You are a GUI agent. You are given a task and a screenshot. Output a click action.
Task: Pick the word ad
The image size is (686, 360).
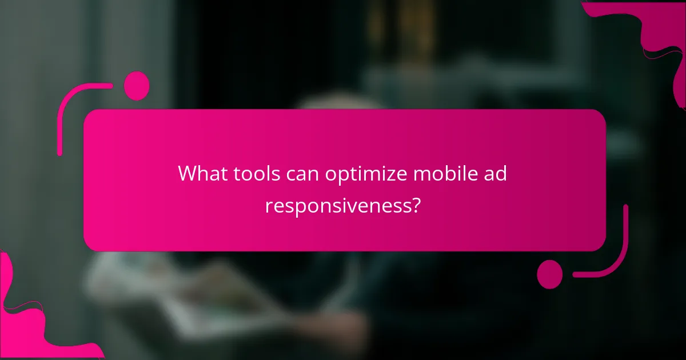(494, 174)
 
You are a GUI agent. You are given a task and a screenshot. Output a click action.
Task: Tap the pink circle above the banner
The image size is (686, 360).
(137, 86)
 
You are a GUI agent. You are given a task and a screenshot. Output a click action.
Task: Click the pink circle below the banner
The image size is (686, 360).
(550, 274)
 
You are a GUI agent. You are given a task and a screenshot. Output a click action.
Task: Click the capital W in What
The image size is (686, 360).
(188, 174)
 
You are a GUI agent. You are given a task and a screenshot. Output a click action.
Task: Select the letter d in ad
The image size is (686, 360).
(500, 173)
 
